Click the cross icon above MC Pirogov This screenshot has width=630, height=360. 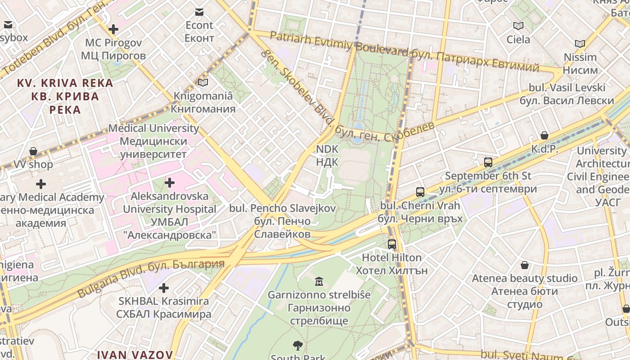(113, 30)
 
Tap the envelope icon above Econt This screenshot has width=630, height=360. (199, 12)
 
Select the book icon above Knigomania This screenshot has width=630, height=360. (203, 82)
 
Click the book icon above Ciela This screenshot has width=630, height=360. (518, 26)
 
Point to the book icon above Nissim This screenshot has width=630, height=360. (580, 44)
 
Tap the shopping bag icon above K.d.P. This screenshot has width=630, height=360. (544, 135)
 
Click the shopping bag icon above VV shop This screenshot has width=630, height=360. (33, 151)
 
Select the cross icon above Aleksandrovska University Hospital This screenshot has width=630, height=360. (170, 183)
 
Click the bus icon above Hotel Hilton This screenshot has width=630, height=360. (392, 244)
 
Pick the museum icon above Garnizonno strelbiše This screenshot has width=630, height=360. (319, 281)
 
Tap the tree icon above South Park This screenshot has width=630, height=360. (297, 346)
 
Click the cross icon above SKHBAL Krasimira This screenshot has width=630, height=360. (164, 288)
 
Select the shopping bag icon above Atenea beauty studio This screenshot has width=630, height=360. (525, 265)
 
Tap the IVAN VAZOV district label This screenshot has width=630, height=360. (135, 355)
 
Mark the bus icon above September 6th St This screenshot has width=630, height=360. (488, 162)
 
